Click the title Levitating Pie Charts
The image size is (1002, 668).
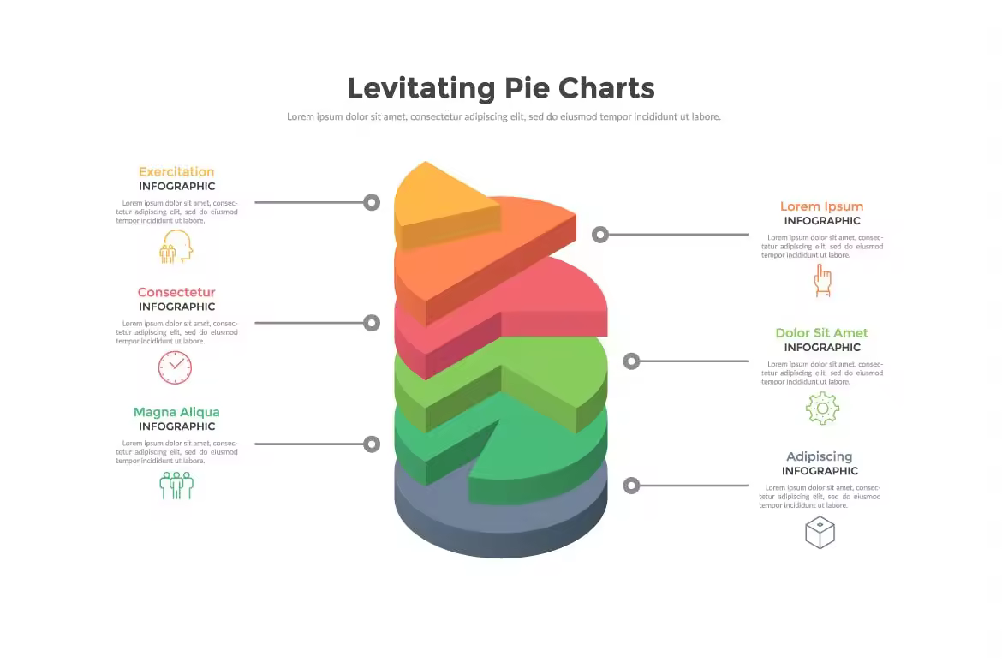pyautogui.click(x=501, y=88)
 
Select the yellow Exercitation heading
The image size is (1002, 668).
pyautogui.click(x=176, y=171)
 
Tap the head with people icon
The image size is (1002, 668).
pyautogui.click(x=176, y=247)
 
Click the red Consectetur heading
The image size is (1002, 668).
pyautogui.click(x=176, y=292)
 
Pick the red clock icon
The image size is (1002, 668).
pyautogui.click(x=175, y=367)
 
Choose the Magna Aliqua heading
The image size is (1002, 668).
pyautogui.click(x=176, y=412)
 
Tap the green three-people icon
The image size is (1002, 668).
pyautogui.click(x=176, y=486)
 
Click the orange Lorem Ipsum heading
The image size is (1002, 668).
pyautogui.click(x=822, y=206)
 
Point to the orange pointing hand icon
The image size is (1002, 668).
pyautogui.click(x=822, y=281)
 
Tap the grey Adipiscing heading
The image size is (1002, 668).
pyautogui.click(x=820, y=456)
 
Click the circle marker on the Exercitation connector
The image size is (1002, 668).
pyautogui.click(x=372, y=203)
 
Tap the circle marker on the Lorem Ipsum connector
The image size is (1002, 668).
pyautogui.click(x=600, y=235)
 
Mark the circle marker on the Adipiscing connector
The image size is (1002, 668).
pyautogui.click(x=631, y=486)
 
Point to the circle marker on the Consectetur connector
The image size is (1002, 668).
pyautogui.click(x=372, y=323)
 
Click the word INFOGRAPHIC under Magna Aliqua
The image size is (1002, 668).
pyautogui.click(x=177, y=426)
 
